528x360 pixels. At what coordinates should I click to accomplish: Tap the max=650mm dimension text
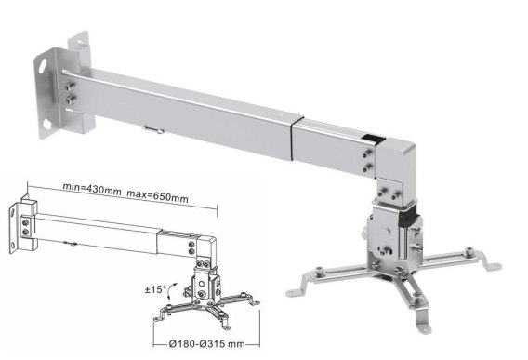click(x=157, y=196)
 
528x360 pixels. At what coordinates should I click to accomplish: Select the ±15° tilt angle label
click(x=155, y=289)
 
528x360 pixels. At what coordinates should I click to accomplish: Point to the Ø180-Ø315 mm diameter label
click(x=206, y=344)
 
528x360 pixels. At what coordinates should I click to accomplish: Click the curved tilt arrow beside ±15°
click(x=172, y=290)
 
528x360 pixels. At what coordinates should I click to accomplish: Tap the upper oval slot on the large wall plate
click(x=43, y=66)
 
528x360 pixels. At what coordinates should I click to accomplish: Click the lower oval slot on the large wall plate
click(x=46, y=125)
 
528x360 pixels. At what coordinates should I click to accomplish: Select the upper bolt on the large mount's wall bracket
click(x=70, y=86)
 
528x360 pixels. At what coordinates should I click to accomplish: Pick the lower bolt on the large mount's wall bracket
click(x=71, y=100)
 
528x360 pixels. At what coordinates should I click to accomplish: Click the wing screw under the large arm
click(x=153, y=129)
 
